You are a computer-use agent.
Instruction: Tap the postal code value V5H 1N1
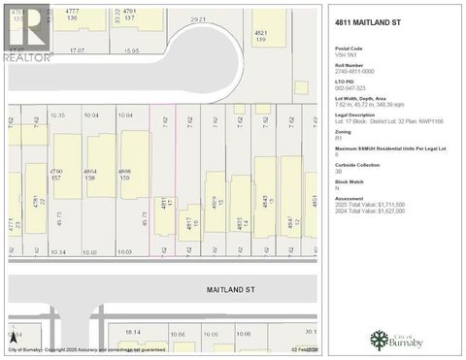coord(345,54)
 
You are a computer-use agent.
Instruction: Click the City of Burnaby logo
coord(390,341)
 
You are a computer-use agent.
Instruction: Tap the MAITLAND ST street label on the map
coord(229,289)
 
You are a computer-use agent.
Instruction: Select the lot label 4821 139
coord(260,36)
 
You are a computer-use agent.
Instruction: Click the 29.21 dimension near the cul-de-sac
coord(198,18)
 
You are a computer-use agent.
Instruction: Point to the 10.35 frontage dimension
coord(56,115)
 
